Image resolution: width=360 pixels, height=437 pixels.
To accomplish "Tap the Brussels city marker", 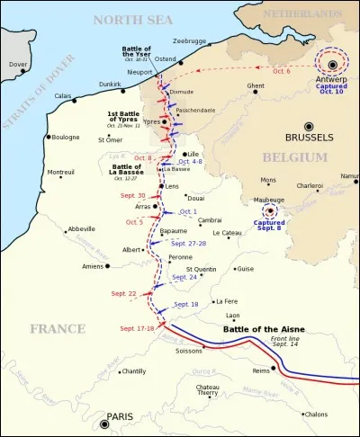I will click(x=308, y=126).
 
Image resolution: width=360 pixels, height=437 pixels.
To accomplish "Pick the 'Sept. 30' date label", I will click(x=133, y=195).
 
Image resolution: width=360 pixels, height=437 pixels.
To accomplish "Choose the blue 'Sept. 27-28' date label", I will click(x=189, y=243).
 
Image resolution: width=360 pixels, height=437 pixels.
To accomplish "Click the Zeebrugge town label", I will click(x=191, y=40).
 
